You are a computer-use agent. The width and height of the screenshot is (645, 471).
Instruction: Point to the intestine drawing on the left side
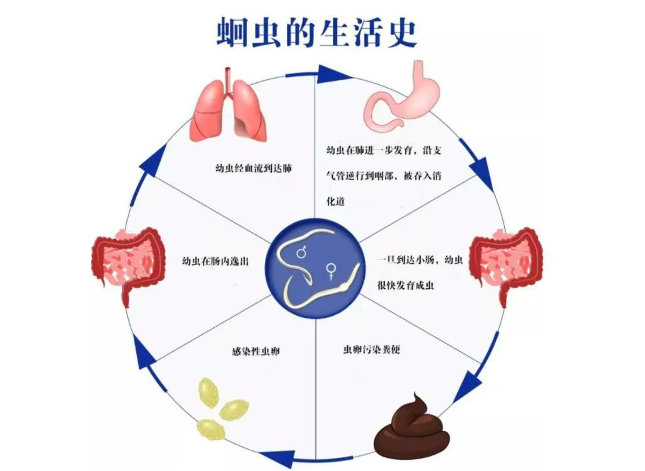[x=127, y=264]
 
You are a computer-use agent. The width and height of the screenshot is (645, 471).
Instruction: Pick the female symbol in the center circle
[x=330, y=271]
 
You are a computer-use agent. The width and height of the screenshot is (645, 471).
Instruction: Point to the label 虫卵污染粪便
[x=371, y=349]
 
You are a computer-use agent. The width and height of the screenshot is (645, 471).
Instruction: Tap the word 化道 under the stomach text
[x=336, y=202]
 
